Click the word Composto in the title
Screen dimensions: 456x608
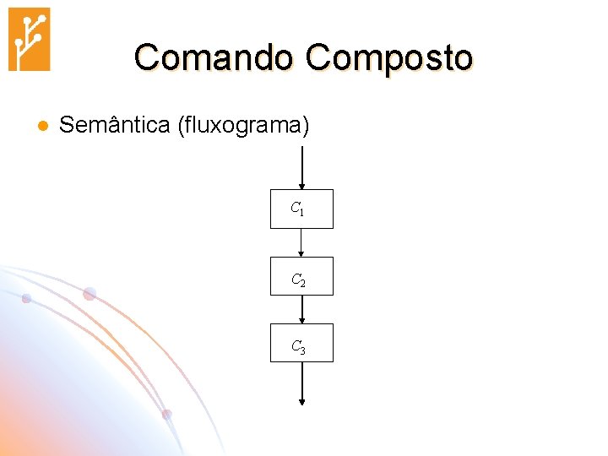pyautogui.click(x=389, y=58)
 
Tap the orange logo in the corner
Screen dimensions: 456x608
pyautogui.click(x=29, y=39)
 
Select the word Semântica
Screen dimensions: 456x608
pyautogui.click(x=115, y=126)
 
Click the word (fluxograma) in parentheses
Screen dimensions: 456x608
pyautogui.click(x=243, y=127)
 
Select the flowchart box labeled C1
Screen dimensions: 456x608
pyautogui.click(x=301, y=209)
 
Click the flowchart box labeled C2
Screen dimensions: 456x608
pyautogui.click(x=301, y=276)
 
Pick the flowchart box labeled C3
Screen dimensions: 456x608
pyautogui.click(x=301, y=343)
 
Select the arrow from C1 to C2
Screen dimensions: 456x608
pyautogui.click(x=301, y=242)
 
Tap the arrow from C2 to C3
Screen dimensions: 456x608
pyautogui.click(x=301, y=309)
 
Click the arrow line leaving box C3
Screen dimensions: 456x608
pyautogui.click(x=301, y=382)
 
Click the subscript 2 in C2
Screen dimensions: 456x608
pyautogui.click(x=301, y=281)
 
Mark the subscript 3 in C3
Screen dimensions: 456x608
pyautogui.click(x=301, y=349)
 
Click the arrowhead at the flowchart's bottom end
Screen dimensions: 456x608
pyautogui.click(x=301, y=402)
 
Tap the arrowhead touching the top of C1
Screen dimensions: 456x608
pyautogui.click(x=301, y=186)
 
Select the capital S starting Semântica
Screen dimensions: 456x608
pyautogui.click(x=68, y=126)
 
